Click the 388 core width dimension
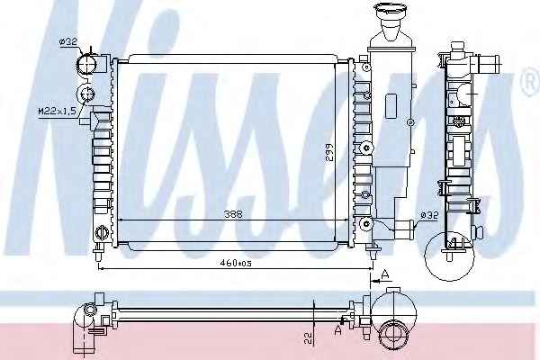click(x=233, y=214)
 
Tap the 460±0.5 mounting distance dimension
click(x=236, y=263)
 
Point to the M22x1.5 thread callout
click(x=57, y=111)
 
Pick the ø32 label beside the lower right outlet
click(x=429, y=216)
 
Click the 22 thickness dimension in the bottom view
click(x=308, y=338)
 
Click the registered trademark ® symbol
click(x=531, y=82)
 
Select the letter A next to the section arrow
click(x=385, y=274)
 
